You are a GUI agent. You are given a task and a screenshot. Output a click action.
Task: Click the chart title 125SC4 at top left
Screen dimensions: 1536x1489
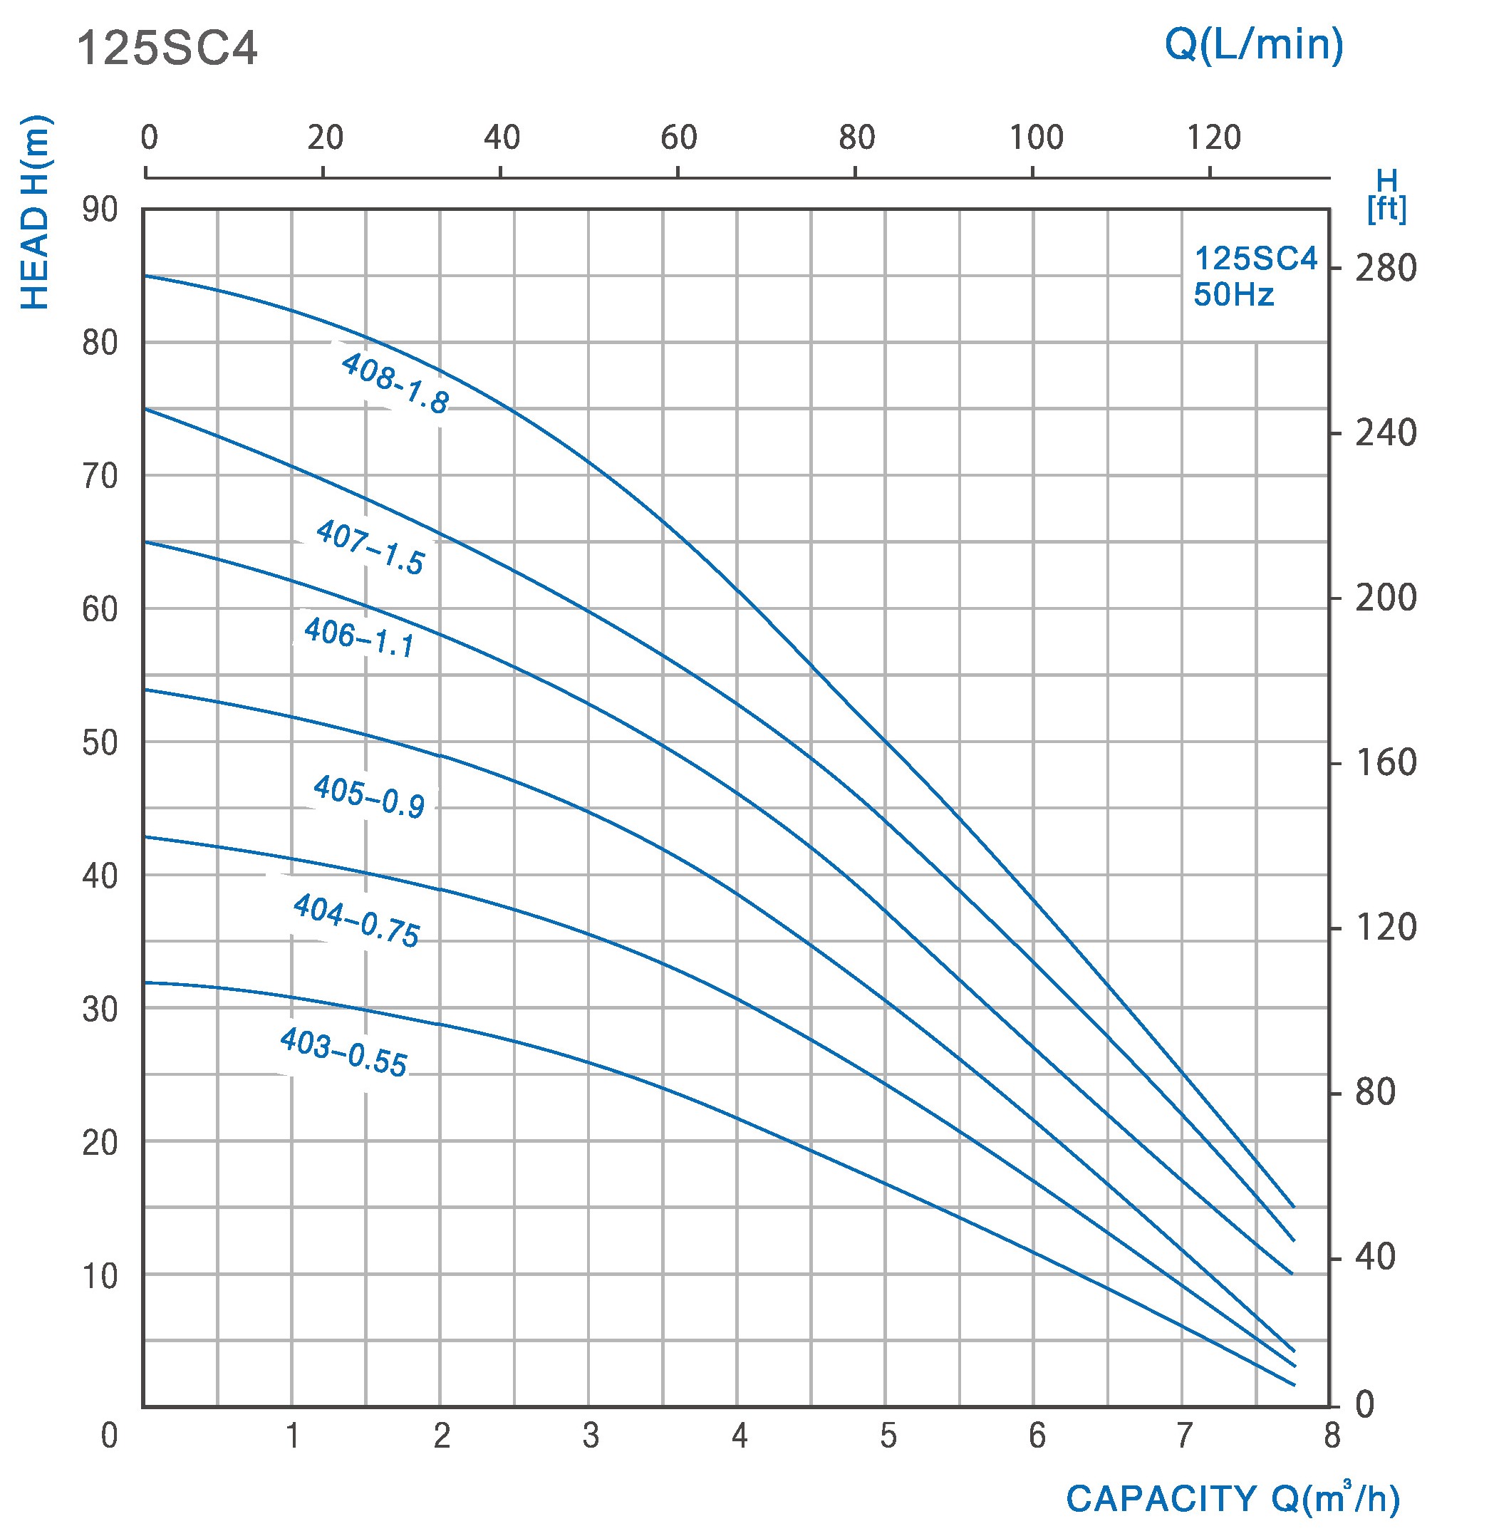pyautogui.click(x=167, y=50)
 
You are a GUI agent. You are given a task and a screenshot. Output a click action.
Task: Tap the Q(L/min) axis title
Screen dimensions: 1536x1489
pyautogui.click(x=1254, y=45)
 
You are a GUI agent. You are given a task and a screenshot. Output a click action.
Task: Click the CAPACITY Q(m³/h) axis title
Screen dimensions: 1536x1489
pyautogui.click(x=1232, y=1498)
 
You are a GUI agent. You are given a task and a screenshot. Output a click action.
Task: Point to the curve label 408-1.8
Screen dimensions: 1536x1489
pyautogui.click(x=395, y=383)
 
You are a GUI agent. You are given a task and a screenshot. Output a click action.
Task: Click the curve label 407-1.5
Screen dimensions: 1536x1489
pyautogui.click(x=370, y=547)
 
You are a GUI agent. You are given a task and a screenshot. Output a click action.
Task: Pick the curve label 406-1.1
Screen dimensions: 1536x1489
pyautogui.click(x=359, y=637)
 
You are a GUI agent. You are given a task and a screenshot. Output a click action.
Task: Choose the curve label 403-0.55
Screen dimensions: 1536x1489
pyautogui.click(x=343, y=1052)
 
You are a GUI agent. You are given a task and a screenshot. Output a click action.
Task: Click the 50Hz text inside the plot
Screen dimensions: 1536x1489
pyautogui.click(x=1233, y=296)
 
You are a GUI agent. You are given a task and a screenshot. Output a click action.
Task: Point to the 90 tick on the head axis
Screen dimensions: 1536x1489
pyautogui.click(x=100, y=210)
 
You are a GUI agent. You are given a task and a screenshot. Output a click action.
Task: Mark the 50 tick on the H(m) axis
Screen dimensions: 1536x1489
pyautogui.click(x=100, y=743)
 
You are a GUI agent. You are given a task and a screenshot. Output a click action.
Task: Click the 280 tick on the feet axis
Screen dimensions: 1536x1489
pyautogui.click(x=1386, y=269)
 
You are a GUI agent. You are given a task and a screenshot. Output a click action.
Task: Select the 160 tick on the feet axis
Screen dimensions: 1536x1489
pyautogui.click(x=1386, y=762)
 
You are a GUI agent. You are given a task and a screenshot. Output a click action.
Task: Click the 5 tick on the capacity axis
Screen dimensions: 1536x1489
pyautogui.click(x=887, y=1436)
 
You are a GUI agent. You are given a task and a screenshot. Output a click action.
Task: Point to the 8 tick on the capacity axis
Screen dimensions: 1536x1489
pyautogui.click(x=1332, y=1436)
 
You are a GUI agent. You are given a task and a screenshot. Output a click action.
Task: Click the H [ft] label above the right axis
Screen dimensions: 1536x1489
pyautogui.click(x=1386, y=197)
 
